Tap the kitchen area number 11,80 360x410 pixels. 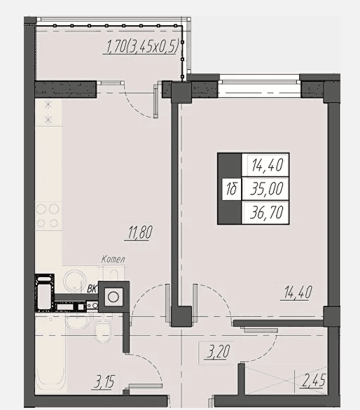pos(140,232)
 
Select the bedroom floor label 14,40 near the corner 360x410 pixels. pos(298,292)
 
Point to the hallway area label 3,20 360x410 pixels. pos(218,351)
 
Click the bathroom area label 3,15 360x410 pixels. pos(104,382)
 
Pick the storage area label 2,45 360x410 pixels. pos(314,380)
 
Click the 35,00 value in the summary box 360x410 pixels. pos(267,188)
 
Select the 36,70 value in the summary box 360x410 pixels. pos(267,212)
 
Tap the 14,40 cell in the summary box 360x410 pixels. pos(267,165)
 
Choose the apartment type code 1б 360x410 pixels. pos(231,188)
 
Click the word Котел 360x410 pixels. pos(113,260)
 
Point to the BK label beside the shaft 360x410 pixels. pos(92,289)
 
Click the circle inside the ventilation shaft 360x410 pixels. pos(113,297)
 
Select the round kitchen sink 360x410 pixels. pos(75,281)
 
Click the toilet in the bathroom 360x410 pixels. pos(103,330)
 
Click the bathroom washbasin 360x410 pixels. pos(76,321)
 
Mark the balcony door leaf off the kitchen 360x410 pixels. pos(155,101)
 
